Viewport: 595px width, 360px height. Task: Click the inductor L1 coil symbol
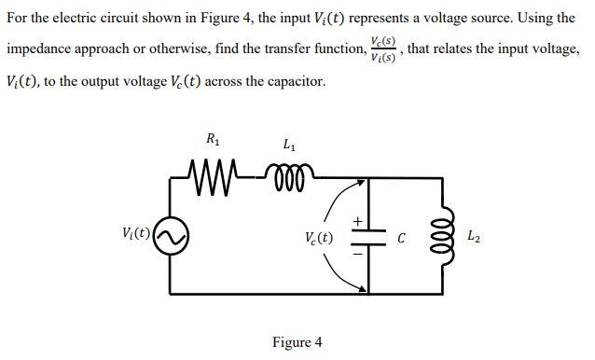click(294, 173)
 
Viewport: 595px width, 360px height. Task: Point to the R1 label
click(213, 140)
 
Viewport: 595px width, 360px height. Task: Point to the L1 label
click(289, 145)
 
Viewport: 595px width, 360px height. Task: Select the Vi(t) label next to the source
click(137, 232)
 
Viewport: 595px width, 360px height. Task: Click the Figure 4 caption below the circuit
click(297, 341)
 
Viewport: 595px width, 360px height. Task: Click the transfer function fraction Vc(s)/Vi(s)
click(382, 50)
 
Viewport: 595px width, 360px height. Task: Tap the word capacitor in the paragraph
click(297, 81)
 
